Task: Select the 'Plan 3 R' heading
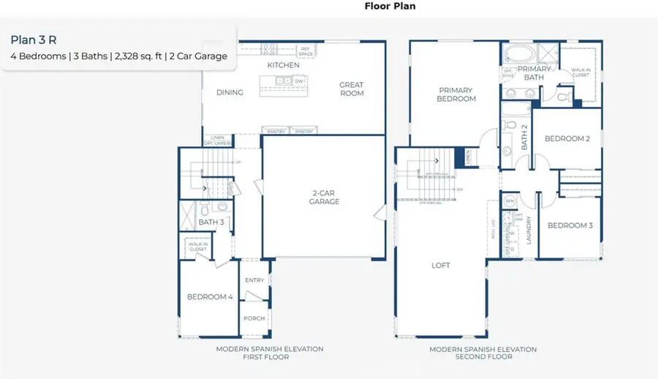[x=34, y=40]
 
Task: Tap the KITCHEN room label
[x=283, y=65]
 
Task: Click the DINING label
[x=230, y=93]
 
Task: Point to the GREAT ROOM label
[x=351, y=89]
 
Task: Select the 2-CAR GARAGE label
[x=324, y=198]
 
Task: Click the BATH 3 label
[x=211, y=222]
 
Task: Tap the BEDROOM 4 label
[x=210, y=297]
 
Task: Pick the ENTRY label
[x=255, y=280]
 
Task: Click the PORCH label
[x=254, y=318]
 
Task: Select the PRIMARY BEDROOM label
[x=456, y=94]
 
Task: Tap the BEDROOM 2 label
[x=567, y=138]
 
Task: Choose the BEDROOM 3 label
[x=570, y=225]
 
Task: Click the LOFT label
[x=441, y=266]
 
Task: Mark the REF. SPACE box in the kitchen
[x=306, y=52]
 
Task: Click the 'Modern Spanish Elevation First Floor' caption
[x=269, y=353]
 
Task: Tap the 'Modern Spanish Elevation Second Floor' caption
[x=483, y=353]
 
